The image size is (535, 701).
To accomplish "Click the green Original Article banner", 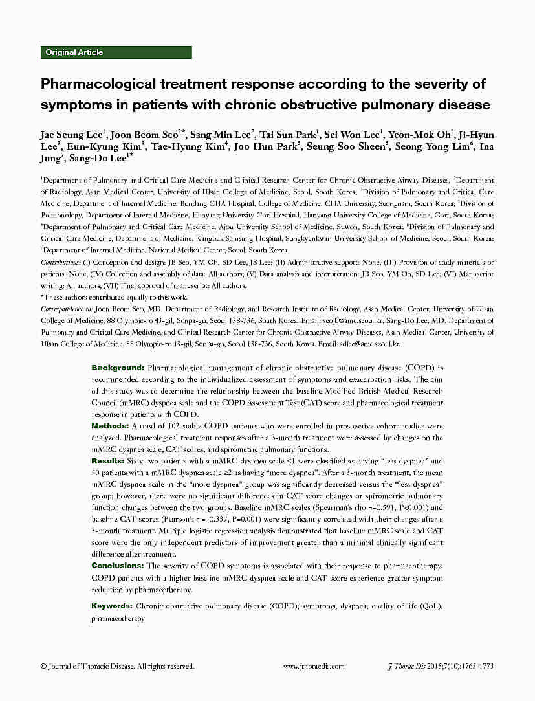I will [116, 52].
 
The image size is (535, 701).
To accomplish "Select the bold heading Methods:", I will [110, 426].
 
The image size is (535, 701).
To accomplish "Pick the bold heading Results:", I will [108, 461].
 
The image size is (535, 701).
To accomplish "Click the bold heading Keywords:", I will [113, 606].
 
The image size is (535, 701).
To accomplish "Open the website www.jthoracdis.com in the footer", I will [314, 666].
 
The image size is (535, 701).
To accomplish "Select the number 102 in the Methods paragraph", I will [172, 426].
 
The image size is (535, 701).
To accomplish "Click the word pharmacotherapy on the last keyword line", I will [118, 618].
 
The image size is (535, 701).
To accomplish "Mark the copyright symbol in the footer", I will [43, 666].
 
